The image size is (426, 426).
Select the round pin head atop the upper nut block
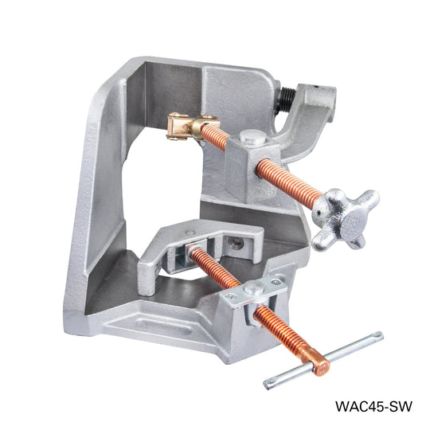250,138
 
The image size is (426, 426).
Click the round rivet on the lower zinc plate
253,287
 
